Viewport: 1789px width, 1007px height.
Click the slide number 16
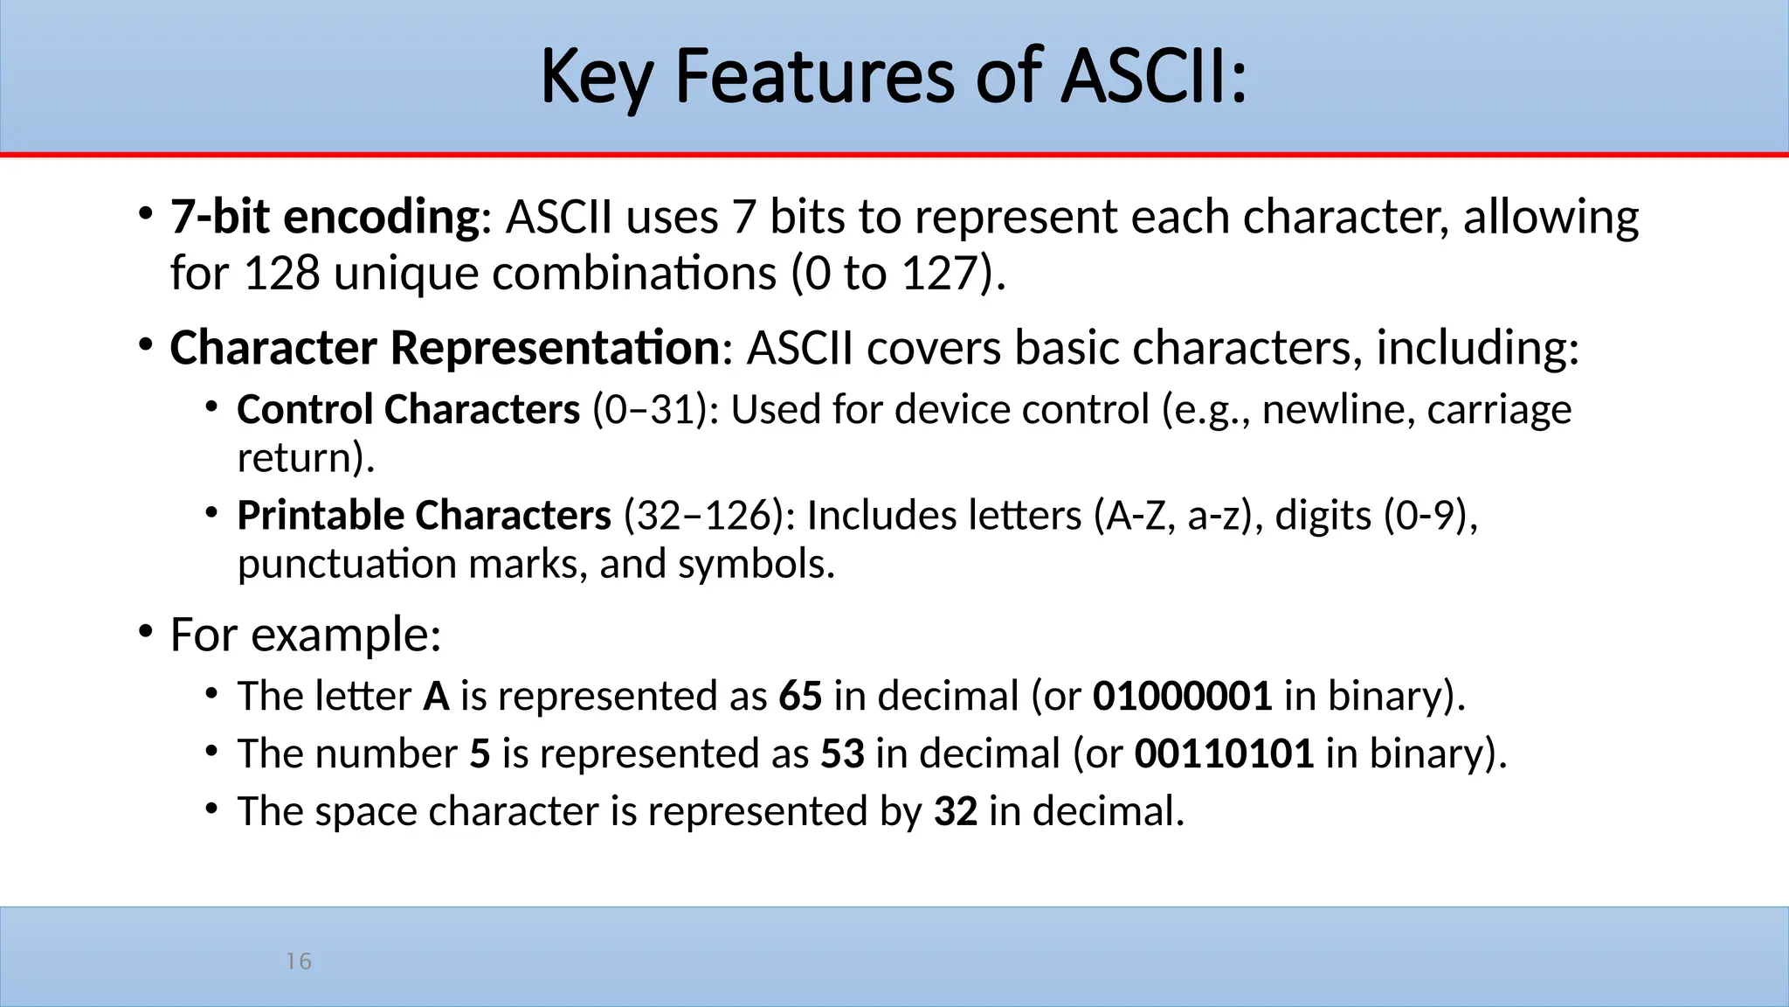[299, 962]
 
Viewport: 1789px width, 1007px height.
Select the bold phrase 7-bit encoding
[325, 217]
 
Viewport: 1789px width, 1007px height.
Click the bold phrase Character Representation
[445, 348]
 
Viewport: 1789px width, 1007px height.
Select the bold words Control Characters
[408, 410]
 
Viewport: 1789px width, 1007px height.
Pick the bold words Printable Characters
[424, 516]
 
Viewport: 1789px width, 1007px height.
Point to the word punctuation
[347, 564]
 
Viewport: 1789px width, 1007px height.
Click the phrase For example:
[306, 635]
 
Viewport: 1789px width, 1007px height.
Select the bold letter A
[436, 697]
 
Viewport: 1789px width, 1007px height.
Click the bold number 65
[800, 697]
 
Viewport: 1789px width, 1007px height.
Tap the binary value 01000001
[1182, 697]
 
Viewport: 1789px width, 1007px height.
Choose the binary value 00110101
[1224, 754]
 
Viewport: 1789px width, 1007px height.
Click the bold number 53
[842, 754]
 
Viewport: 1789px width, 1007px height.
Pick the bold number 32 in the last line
[955, 812]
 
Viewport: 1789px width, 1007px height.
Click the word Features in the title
[814, 77]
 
